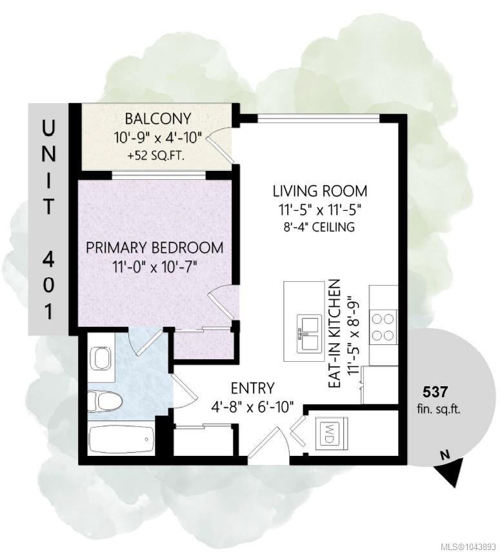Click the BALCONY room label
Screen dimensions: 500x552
pos(158,119)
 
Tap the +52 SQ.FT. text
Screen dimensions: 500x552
pos(157,156)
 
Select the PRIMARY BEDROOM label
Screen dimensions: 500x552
pos(155,248)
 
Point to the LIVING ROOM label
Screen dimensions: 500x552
pos(320,191)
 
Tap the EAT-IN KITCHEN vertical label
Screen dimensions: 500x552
pos(334,334)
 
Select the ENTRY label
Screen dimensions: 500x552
pos(252,388)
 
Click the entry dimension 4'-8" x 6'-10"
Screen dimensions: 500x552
pos(252,407)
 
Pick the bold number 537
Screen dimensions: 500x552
pos(435,391)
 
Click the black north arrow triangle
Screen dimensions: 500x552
pos(452,475)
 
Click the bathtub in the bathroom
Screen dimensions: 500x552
pos(121,440)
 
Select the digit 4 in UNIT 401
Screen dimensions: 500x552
pos(48,259)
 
